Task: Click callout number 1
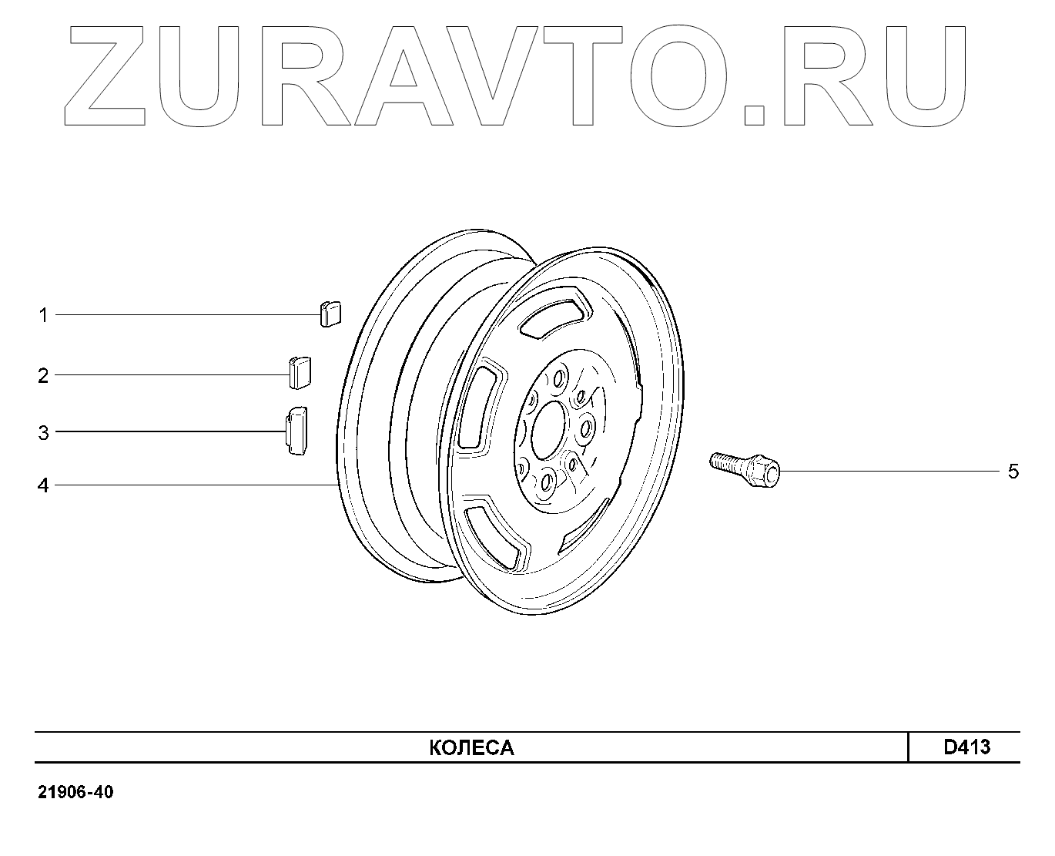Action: tap(44, 315)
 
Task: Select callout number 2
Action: tap(44, 376)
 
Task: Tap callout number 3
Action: tap(44, 433)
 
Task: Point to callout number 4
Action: tap(44, 486)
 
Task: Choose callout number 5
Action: tap(1013, 471)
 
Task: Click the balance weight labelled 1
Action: tap(331, 314)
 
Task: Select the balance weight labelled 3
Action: tap(296, 430)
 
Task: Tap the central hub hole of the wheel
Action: tap(548, 430)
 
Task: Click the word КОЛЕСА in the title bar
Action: tap(471, 747)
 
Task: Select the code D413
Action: tap(967, 747)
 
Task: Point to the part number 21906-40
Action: tap(75, 793)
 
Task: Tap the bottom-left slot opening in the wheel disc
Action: tap(496, 534)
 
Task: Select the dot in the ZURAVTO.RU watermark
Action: tap(755, 113)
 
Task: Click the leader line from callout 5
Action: tap(886, 470)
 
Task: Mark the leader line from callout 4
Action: tap(193, 485)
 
